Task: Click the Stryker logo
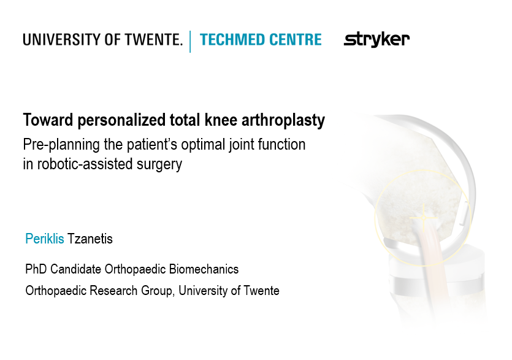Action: (x=376, y=40)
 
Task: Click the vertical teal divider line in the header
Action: (x=190, y=42)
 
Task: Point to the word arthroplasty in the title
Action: (x=283, y=120)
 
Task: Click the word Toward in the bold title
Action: (x=48, y=120)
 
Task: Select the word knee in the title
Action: (x=221, y=120)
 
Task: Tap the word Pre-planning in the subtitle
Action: (x=61, y=145)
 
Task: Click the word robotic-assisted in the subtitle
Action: (x=85, y=164)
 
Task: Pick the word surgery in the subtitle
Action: (x=159, y=164)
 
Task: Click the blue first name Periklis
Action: (x=44, y=239)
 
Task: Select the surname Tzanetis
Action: (x=90, y=239)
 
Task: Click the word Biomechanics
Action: (x=204, y=269)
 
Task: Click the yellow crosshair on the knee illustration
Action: (x=424, y=218)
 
